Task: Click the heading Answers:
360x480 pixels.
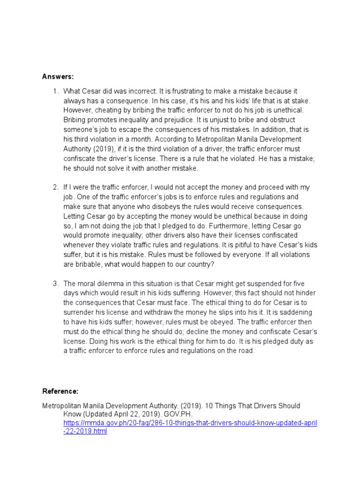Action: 58,76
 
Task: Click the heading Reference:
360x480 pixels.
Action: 60,391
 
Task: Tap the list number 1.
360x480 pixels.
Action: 55,90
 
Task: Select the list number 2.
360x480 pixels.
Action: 55,187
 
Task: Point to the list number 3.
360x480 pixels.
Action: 55,284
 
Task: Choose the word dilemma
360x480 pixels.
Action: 111,284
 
